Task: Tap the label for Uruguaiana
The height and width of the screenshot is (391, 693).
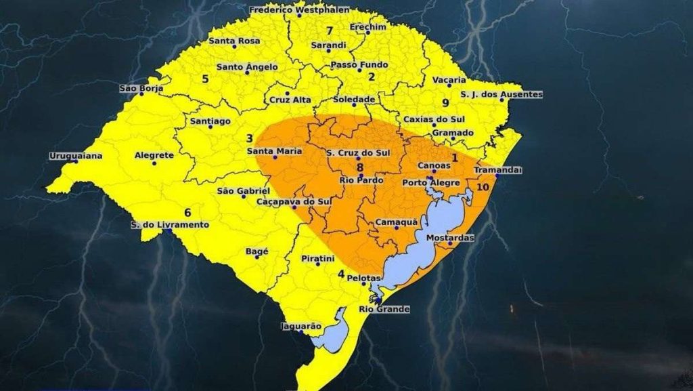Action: point(76,156)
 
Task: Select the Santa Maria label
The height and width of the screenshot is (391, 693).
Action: point(274,150)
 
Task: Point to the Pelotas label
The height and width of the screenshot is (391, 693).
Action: point(364,278)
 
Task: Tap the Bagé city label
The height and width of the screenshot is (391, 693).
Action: point(257,251)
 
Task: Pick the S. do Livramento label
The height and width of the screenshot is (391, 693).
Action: point(171,224)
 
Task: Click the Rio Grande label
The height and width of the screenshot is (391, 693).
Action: point(384,309)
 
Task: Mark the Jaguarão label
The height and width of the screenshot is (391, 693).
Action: point(301,326)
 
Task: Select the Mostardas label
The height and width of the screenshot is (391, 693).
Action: point(450,238)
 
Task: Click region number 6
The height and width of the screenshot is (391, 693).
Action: point(187,212)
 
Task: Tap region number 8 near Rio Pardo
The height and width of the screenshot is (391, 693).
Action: point(360,167)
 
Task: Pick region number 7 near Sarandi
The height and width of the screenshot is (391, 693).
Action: point(330,30)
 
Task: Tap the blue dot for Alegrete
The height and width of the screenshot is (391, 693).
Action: point(154,163)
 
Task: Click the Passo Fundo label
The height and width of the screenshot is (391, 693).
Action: point(359,65)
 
